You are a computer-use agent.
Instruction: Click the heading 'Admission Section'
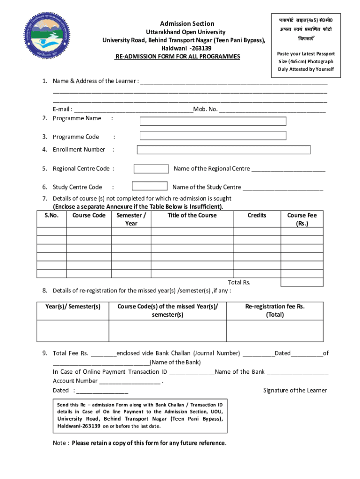(187, 23)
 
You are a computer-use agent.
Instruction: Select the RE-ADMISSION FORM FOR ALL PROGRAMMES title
(178, 57)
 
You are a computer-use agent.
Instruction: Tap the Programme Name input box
(213, 121)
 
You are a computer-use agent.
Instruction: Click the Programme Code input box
(213, 136)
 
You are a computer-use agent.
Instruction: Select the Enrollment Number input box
(223, 150)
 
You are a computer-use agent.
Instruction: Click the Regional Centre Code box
(151, 169)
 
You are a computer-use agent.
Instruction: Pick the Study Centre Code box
(150, 186)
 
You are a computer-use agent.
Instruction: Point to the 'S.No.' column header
(51, 215)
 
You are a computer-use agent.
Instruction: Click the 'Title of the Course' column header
(192, 215)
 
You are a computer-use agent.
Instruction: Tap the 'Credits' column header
(257, 215)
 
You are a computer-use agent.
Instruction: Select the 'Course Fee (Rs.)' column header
(302, 219)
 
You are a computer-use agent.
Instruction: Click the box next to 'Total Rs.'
(302, 282)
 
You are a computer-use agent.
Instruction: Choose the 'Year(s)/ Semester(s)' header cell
(73, 306)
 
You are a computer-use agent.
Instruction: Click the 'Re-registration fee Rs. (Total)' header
(275, 310)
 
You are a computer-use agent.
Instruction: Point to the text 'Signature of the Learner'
(295, 390)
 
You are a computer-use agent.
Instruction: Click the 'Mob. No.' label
(205, 109)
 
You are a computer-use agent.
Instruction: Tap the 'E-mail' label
(61, 109)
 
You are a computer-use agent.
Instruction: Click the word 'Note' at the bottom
(60, 443)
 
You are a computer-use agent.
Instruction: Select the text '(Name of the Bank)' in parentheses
(175, 362)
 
